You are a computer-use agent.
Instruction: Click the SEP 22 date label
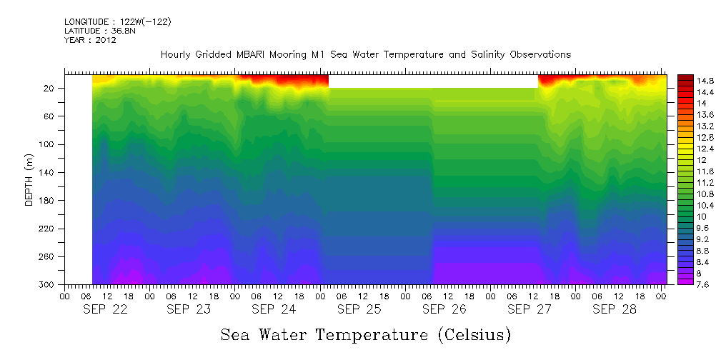pyautogui.click(x=105, y=309)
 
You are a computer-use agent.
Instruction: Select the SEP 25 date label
pyautogui.click(x=359, y=309)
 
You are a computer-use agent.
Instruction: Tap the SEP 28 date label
pyautogui.click(x=614, y=309)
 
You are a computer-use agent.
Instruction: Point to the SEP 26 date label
pyautogui.click(x=444, y=309)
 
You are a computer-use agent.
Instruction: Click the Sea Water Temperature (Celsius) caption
pyautogui.click(x=365, y=334)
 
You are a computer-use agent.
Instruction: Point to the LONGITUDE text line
pyautogui.click(x=117, y=22)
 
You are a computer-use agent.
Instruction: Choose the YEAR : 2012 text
pyautogui.click(x=90, y=40)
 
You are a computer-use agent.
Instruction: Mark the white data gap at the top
pyautogui.click(x=433, y=81)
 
